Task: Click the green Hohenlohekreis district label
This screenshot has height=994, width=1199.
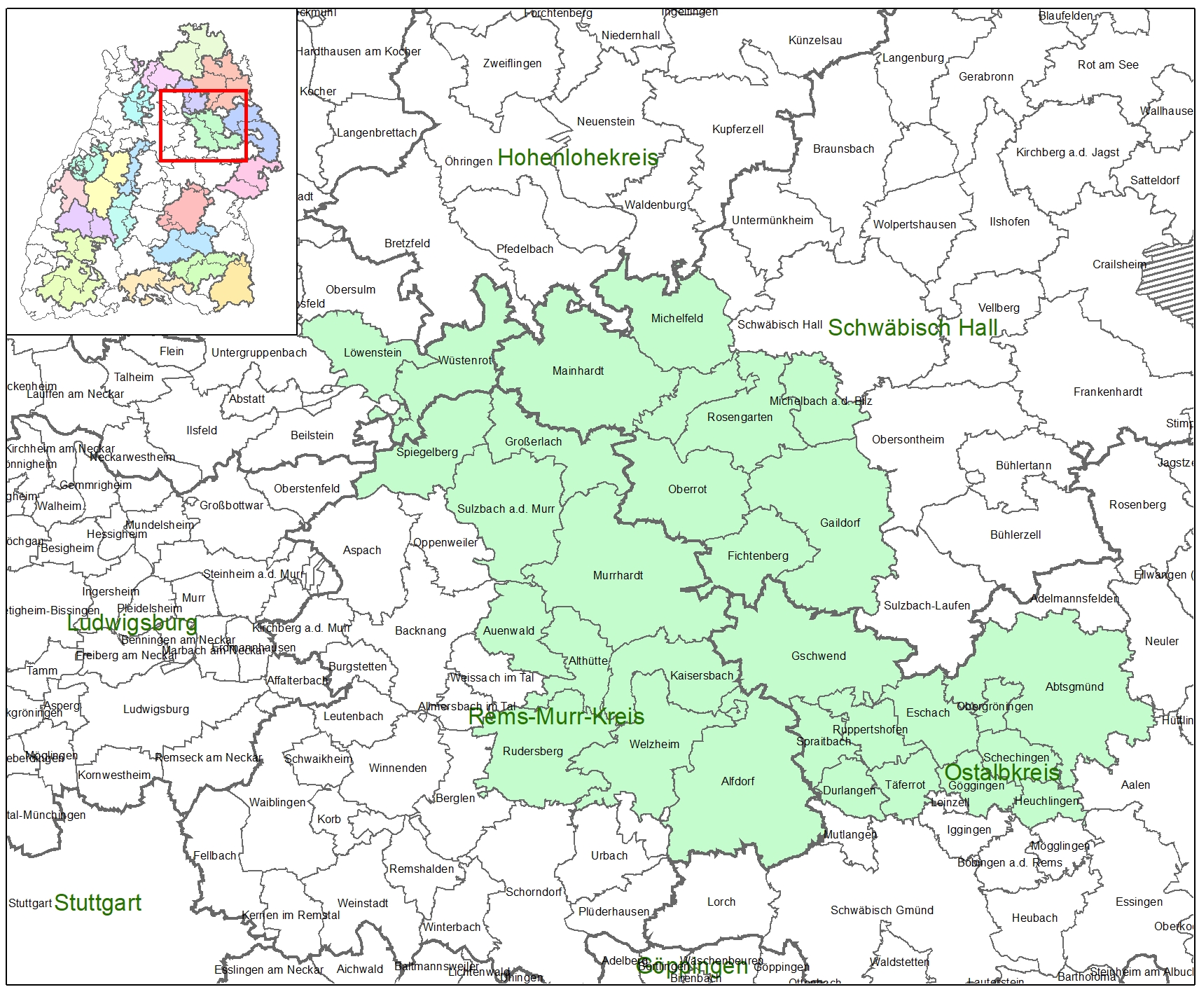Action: point(577,158)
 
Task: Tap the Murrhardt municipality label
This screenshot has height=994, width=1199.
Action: point(618,575)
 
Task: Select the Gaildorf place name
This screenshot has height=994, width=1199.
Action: point(840,523)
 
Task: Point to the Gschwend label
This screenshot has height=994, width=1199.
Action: point(818,656)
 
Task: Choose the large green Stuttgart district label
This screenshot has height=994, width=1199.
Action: point(98,903)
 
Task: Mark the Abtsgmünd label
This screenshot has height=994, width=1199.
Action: point(1074,686)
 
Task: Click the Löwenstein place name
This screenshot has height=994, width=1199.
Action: point(373,352)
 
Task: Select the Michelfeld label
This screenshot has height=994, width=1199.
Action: point(677,318)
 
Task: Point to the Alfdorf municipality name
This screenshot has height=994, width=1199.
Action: point(737,781)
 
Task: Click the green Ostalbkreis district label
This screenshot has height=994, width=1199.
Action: point(1002,772)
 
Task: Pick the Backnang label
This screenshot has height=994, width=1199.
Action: point(420,630)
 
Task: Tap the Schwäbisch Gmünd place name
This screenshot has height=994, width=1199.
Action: point(882,910)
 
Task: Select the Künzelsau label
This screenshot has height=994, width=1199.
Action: point(815,40)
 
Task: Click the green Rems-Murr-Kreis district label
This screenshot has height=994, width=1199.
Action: point(556,716)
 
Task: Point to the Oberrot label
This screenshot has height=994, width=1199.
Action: point(687,489)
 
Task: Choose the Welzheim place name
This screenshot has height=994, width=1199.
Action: point(654,744)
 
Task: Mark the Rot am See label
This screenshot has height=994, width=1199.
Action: point(1107,64)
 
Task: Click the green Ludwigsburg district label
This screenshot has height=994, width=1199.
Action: point(132,623)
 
